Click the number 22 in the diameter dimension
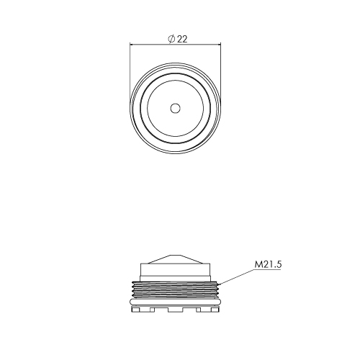tap(182, 39)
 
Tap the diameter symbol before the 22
tap(171, 39)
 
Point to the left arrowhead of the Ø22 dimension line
tap(132, 44)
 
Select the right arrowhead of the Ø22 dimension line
tap(218, 44)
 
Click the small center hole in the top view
tap(176, 108)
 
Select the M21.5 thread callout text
tap(268, 264)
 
